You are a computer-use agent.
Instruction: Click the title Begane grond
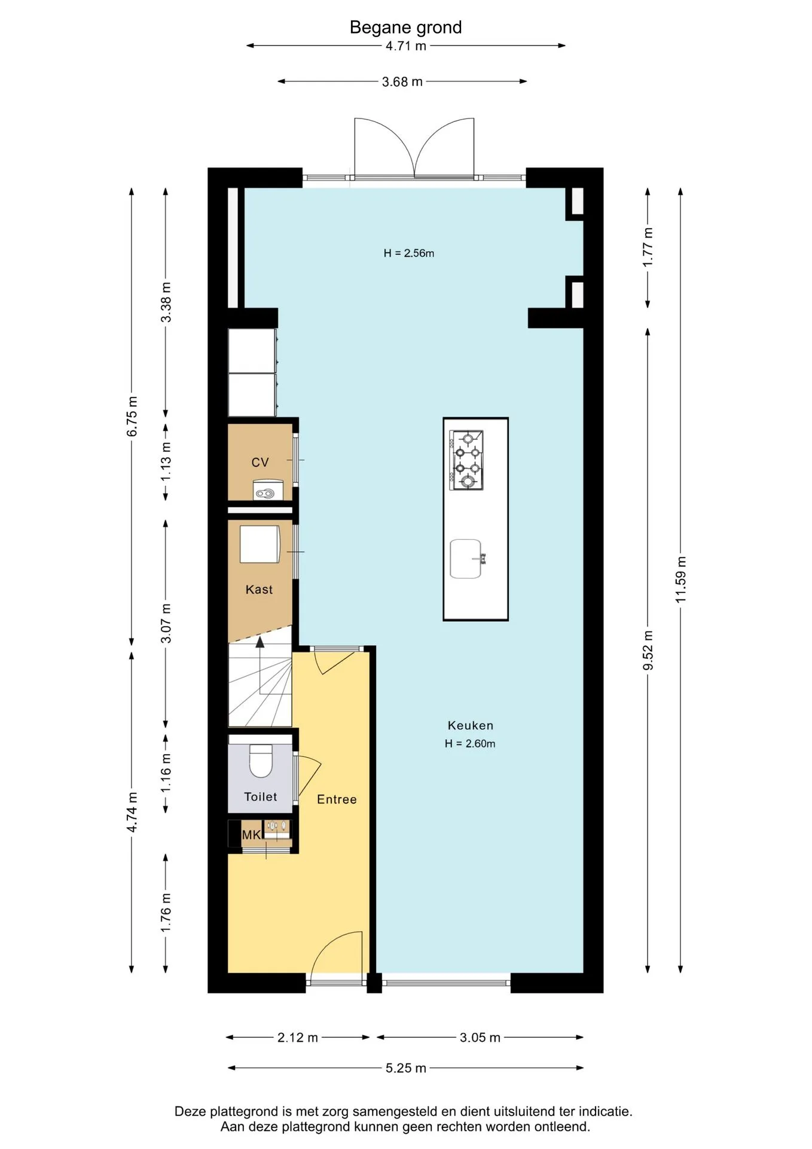click(405, 28)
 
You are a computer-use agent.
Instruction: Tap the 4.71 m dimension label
click(406, 46)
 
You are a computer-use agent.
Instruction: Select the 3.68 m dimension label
click(402, 82)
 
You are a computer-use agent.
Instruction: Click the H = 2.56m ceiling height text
click(409, 253)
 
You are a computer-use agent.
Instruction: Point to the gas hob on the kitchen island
click(466, 460)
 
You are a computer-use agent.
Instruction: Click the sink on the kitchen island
click(466, 559)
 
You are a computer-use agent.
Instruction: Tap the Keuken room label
click(471, 725)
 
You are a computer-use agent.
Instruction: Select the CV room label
click(260, 462)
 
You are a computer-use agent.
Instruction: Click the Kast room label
click(259, 589)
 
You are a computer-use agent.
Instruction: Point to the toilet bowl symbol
click(261, 761)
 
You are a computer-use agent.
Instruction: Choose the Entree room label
click(337, 800)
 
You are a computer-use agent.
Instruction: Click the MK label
click(251, 835)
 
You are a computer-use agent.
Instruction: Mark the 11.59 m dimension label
click(680, 579)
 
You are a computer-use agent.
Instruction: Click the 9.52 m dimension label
click(648, 651)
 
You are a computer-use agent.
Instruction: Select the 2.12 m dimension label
click(298, 1037)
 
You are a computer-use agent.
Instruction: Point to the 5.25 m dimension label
click(406, 1068)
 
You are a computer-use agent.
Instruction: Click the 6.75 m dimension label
click(132, 416)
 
